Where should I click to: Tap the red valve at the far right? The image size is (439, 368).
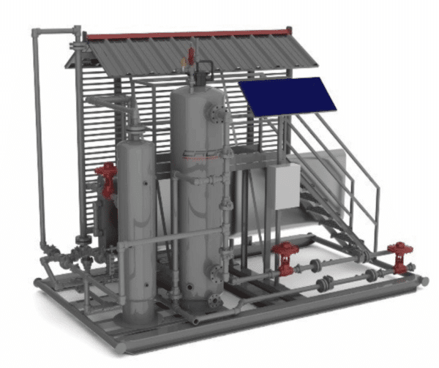point(400,256)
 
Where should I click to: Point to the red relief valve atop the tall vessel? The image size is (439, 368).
point(192,55)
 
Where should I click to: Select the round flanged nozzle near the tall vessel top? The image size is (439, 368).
point(217,112)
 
